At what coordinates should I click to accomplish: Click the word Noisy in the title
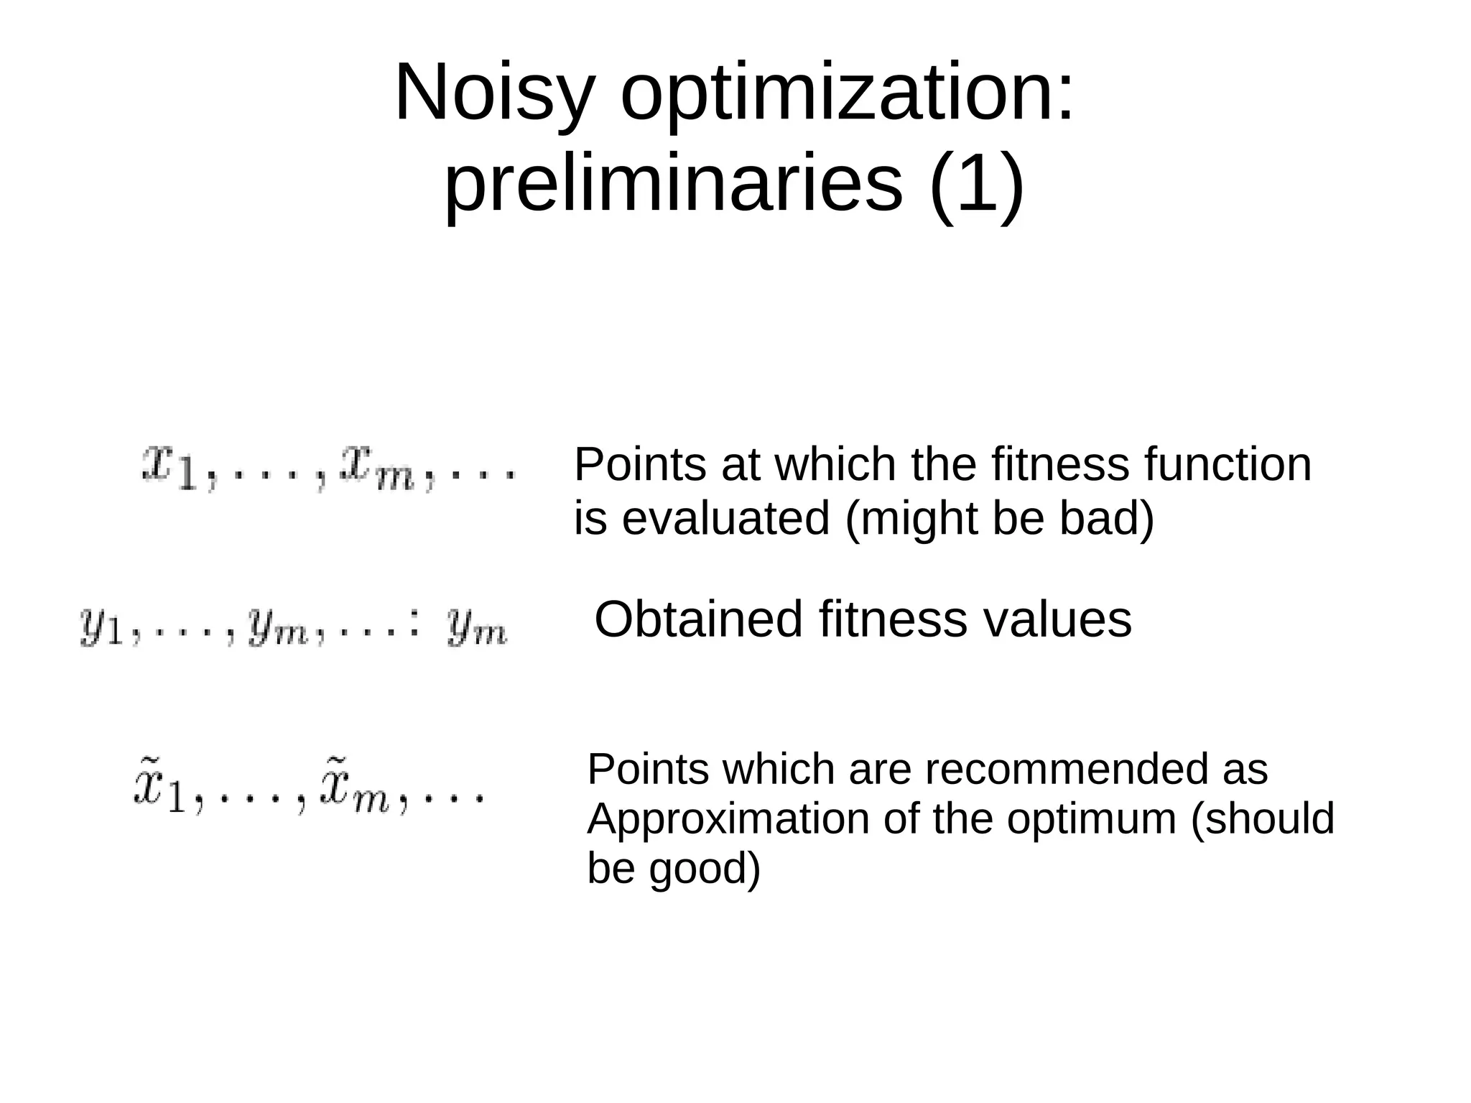click(495, 93)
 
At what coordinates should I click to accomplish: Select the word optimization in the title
click(848, 93)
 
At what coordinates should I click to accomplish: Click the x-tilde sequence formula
click(309, 790)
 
